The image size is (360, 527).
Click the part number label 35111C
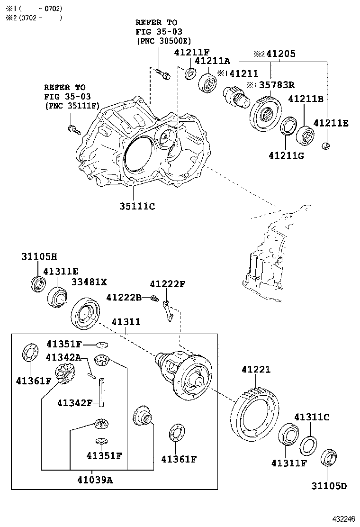[137, 206]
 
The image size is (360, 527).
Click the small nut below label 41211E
[325, 145]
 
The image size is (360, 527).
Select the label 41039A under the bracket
[95, 480]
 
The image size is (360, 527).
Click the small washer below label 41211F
[191, 73]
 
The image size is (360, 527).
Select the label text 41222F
[168, 284]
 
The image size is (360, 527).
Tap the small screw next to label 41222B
[154, 298]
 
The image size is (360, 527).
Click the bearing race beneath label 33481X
[86, 312]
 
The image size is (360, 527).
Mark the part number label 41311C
[311, 417]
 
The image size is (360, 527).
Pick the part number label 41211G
[286, 155]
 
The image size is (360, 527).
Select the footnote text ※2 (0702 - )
[33, 18]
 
